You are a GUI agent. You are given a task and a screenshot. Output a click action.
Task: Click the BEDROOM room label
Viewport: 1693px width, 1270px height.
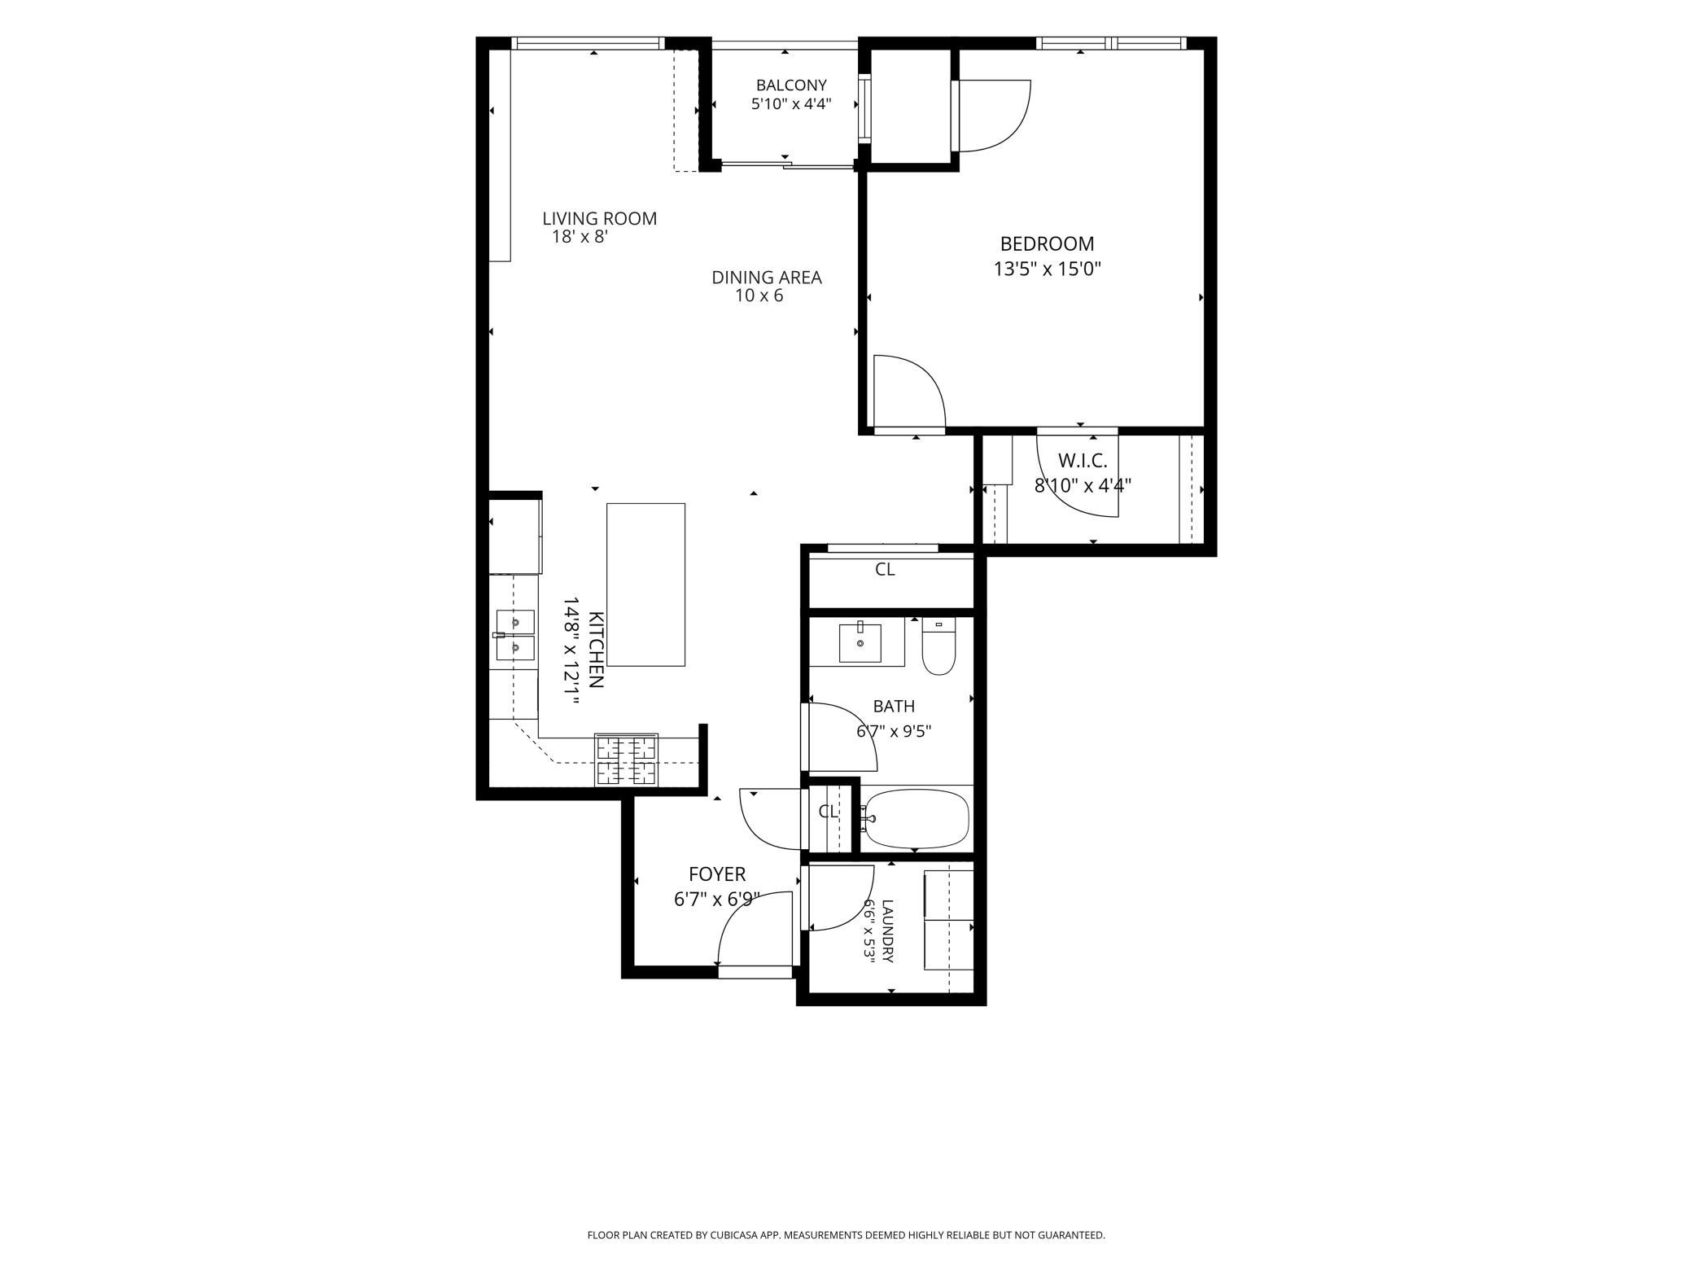[x=1047, y=243]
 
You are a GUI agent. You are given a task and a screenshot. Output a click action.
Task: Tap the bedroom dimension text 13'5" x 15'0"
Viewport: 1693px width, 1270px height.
[x=1047, y=269]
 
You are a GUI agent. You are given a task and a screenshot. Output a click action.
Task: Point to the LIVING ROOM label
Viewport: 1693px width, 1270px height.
[x=600, y=218]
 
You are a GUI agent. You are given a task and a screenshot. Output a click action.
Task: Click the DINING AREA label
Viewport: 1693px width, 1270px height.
[x=767, y=278]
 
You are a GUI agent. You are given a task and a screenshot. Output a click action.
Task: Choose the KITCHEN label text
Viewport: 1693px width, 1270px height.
[x=596, y=650]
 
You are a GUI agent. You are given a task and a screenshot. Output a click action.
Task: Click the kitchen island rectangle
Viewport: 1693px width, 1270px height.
[x=645, y=585]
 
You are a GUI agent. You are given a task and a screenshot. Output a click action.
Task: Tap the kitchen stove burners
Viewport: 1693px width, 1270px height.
[x=627, y=760]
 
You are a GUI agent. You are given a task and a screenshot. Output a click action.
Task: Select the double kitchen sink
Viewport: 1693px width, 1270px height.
[x=515, y=635]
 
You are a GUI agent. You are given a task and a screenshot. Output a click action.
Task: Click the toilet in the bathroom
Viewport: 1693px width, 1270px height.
[x=938, y=647]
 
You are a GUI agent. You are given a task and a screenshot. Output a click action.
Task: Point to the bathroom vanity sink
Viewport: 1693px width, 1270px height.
[x=860, y=643]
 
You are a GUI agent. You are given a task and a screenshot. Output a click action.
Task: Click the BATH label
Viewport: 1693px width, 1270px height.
[x=894, y=707]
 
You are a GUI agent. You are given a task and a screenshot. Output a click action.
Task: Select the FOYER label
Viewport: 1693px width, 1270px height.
[x=717, y=874]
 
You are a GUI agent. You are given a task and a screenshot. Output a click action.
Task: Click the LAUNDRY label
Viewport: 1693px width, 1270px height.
[x=887, y=931]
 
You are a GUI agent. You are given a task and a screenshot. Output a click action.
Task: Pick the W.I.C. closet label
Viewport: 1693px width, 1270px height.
[x=1083, y=461]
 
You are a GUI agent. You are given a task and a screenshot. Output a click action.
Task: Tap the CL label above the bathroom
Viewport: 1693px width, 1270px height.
[x=885, y=570]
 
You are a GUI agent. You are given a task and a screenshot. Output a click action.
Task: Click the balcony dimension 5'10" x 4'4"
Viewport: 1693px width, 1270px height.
[x=791, y=104]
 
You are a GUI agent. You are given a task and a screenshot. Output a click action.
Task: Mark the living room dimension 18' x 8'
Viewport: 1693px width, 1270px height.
[x=580, y=237]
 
